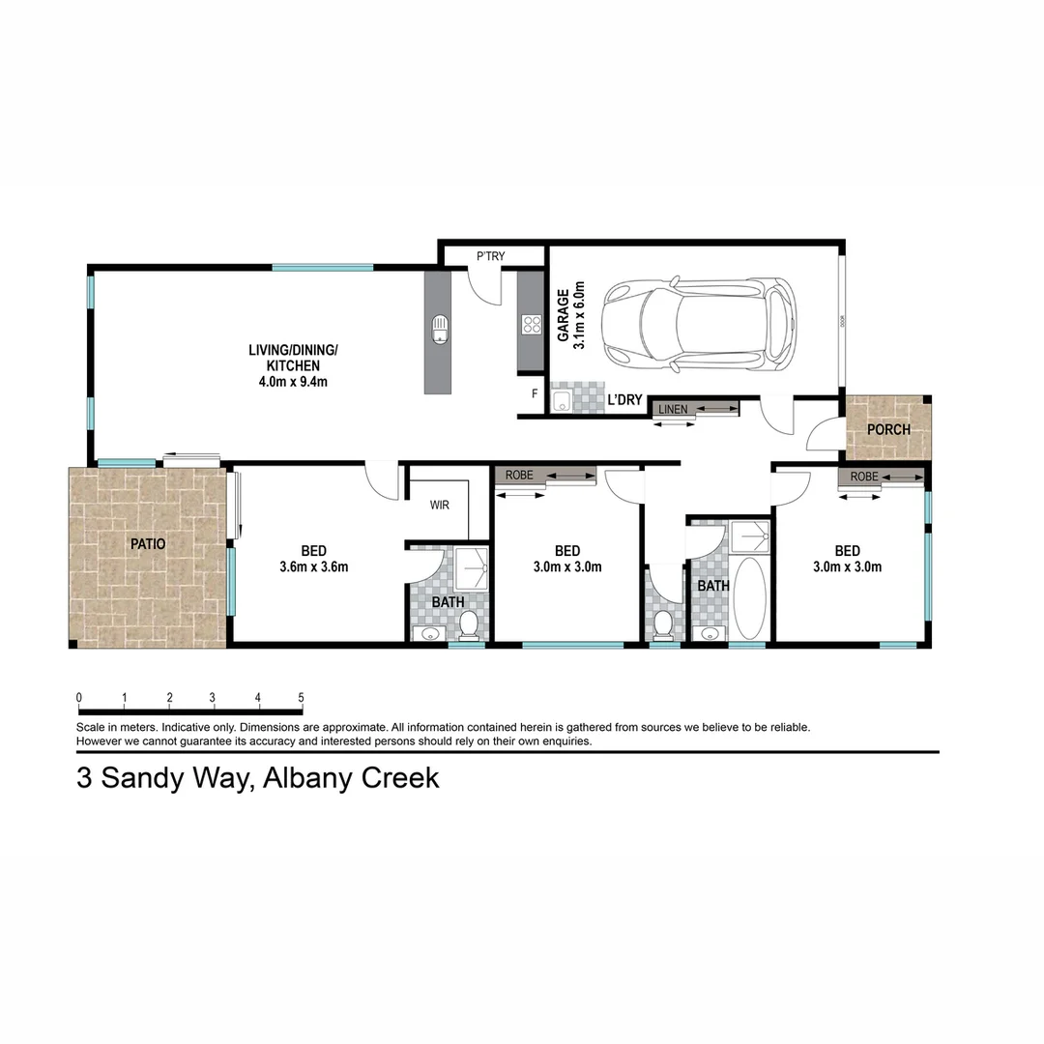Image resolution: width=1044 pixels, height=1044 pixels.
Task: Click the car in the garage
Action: pyautogui.click(x=699, y=325)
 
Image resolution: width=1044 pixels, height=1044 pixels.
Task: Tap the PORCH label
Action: pyautogui.click(x=888, y=429)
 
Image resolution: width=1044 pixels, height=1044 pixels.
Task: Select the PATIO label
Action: pyautogui.click(x=148, y=544)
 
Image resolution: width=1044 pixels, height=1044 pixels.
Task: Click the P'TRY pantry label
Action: pyautogui.click(x=491, y=256)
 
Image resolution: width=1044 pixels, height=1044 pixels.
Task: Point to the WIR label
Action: pyautogui.click(x=440, y=505)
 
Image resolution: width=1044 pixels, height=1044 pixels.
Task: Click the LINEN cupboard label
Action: pyautogui.click(x=673, y=410)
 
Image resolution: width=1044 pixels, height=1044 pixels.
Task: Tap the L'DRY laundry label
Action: pyautogui.click(x=624, y=399)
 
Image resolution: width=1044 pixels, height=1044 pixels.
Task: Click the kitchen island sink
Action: pyautogui.click(x=440, y=329)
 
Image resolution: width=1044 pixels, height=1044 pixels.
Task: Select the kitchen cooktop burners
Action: pyautogui.click(x=531, y=325)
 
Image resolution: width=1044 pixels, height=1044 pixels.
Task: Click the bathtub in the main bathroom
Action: pyautogui.click(x=750, y=596)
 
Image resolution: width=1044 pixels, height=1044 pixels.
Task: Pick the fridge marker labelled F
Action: pyautogui.click(x=534, y=394)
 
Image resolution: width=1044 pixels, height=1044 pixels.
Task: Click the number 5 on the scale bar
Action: pyautogui.click(x=302, y=698)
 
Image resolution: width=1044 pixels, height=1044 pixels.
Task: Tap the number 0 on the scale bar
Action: pyautogui.click(x=79, y=698)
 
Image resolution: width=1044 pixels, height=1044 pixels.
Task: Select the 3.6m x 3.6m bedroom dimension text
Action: pyautogui.click(x=314, y=567)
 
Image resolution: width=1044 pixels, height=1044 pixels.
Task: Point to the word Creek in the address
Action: pyautogui.click(x=399, y=778)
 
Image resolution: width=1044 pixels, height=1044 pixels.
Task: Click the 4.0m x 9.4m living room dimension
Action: pyautogui.click(x=294, y=381)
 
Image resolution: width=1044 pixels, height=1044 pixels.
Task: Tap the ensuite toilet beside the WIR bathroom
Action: pyautogui.click(x=469, y=625)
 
